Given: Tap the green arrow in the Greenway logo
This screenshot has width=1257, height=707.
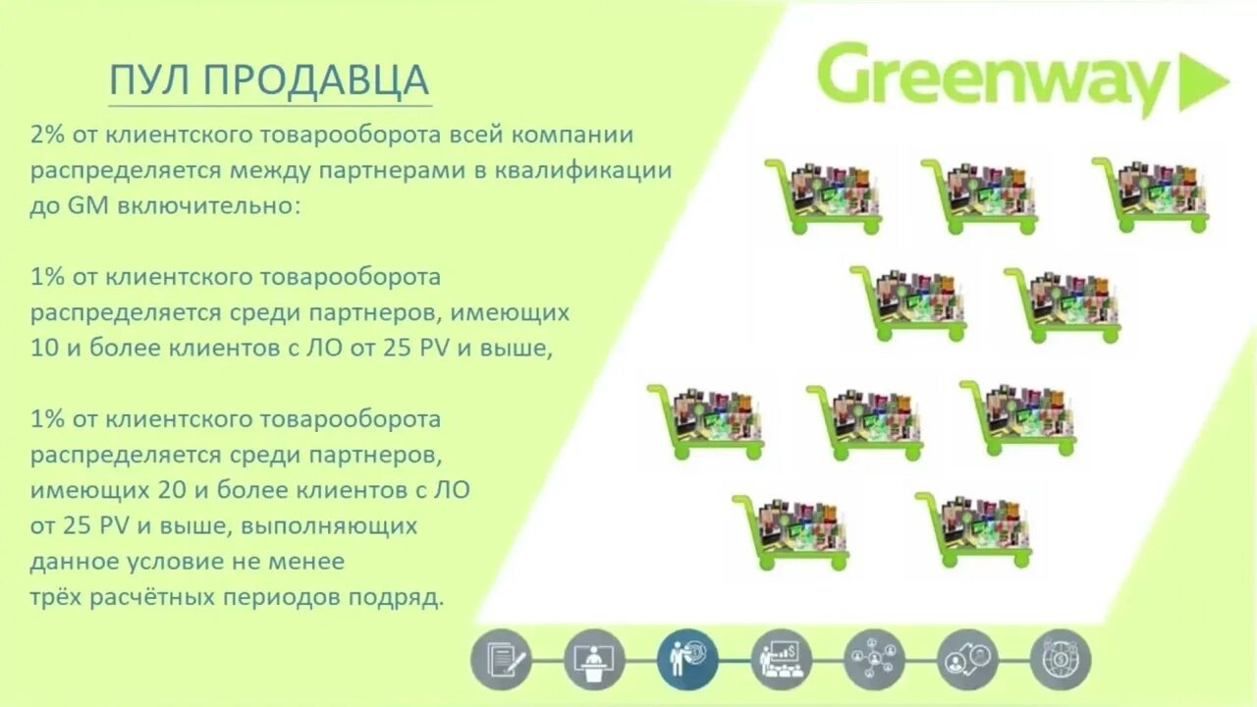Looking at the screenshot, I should (x=1203, y=82).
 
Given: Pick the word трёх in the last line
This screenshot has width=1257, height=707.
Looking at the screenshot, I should (x=58, y=597).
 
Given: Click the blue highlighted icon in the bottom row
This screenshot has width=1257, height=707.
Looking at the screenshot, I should (x=687, y=658).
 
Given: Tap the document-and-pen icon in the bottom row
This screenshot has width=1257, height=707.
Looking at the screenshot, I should (x=501, y=658).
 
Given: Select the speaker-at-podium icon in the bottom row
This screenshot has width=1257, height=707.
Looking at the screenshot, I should (x=594, y=658).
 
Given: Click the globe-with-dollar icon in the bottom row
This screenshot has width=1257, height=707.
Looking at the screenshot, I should (x=1061, y=658).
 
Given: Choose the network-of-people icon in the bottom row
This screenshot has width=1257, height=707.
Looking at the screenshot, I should (x=874, y=658).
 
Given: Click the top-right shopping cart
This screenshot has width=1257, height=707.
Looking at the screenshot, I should (x=1151, y=193).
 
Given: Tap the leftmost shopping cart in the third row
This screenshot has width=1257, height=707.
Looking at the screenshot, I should (x=705, y=420).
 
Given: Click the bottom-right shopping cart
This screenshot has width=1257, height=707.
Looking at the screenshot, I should (x=974, y=528).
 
